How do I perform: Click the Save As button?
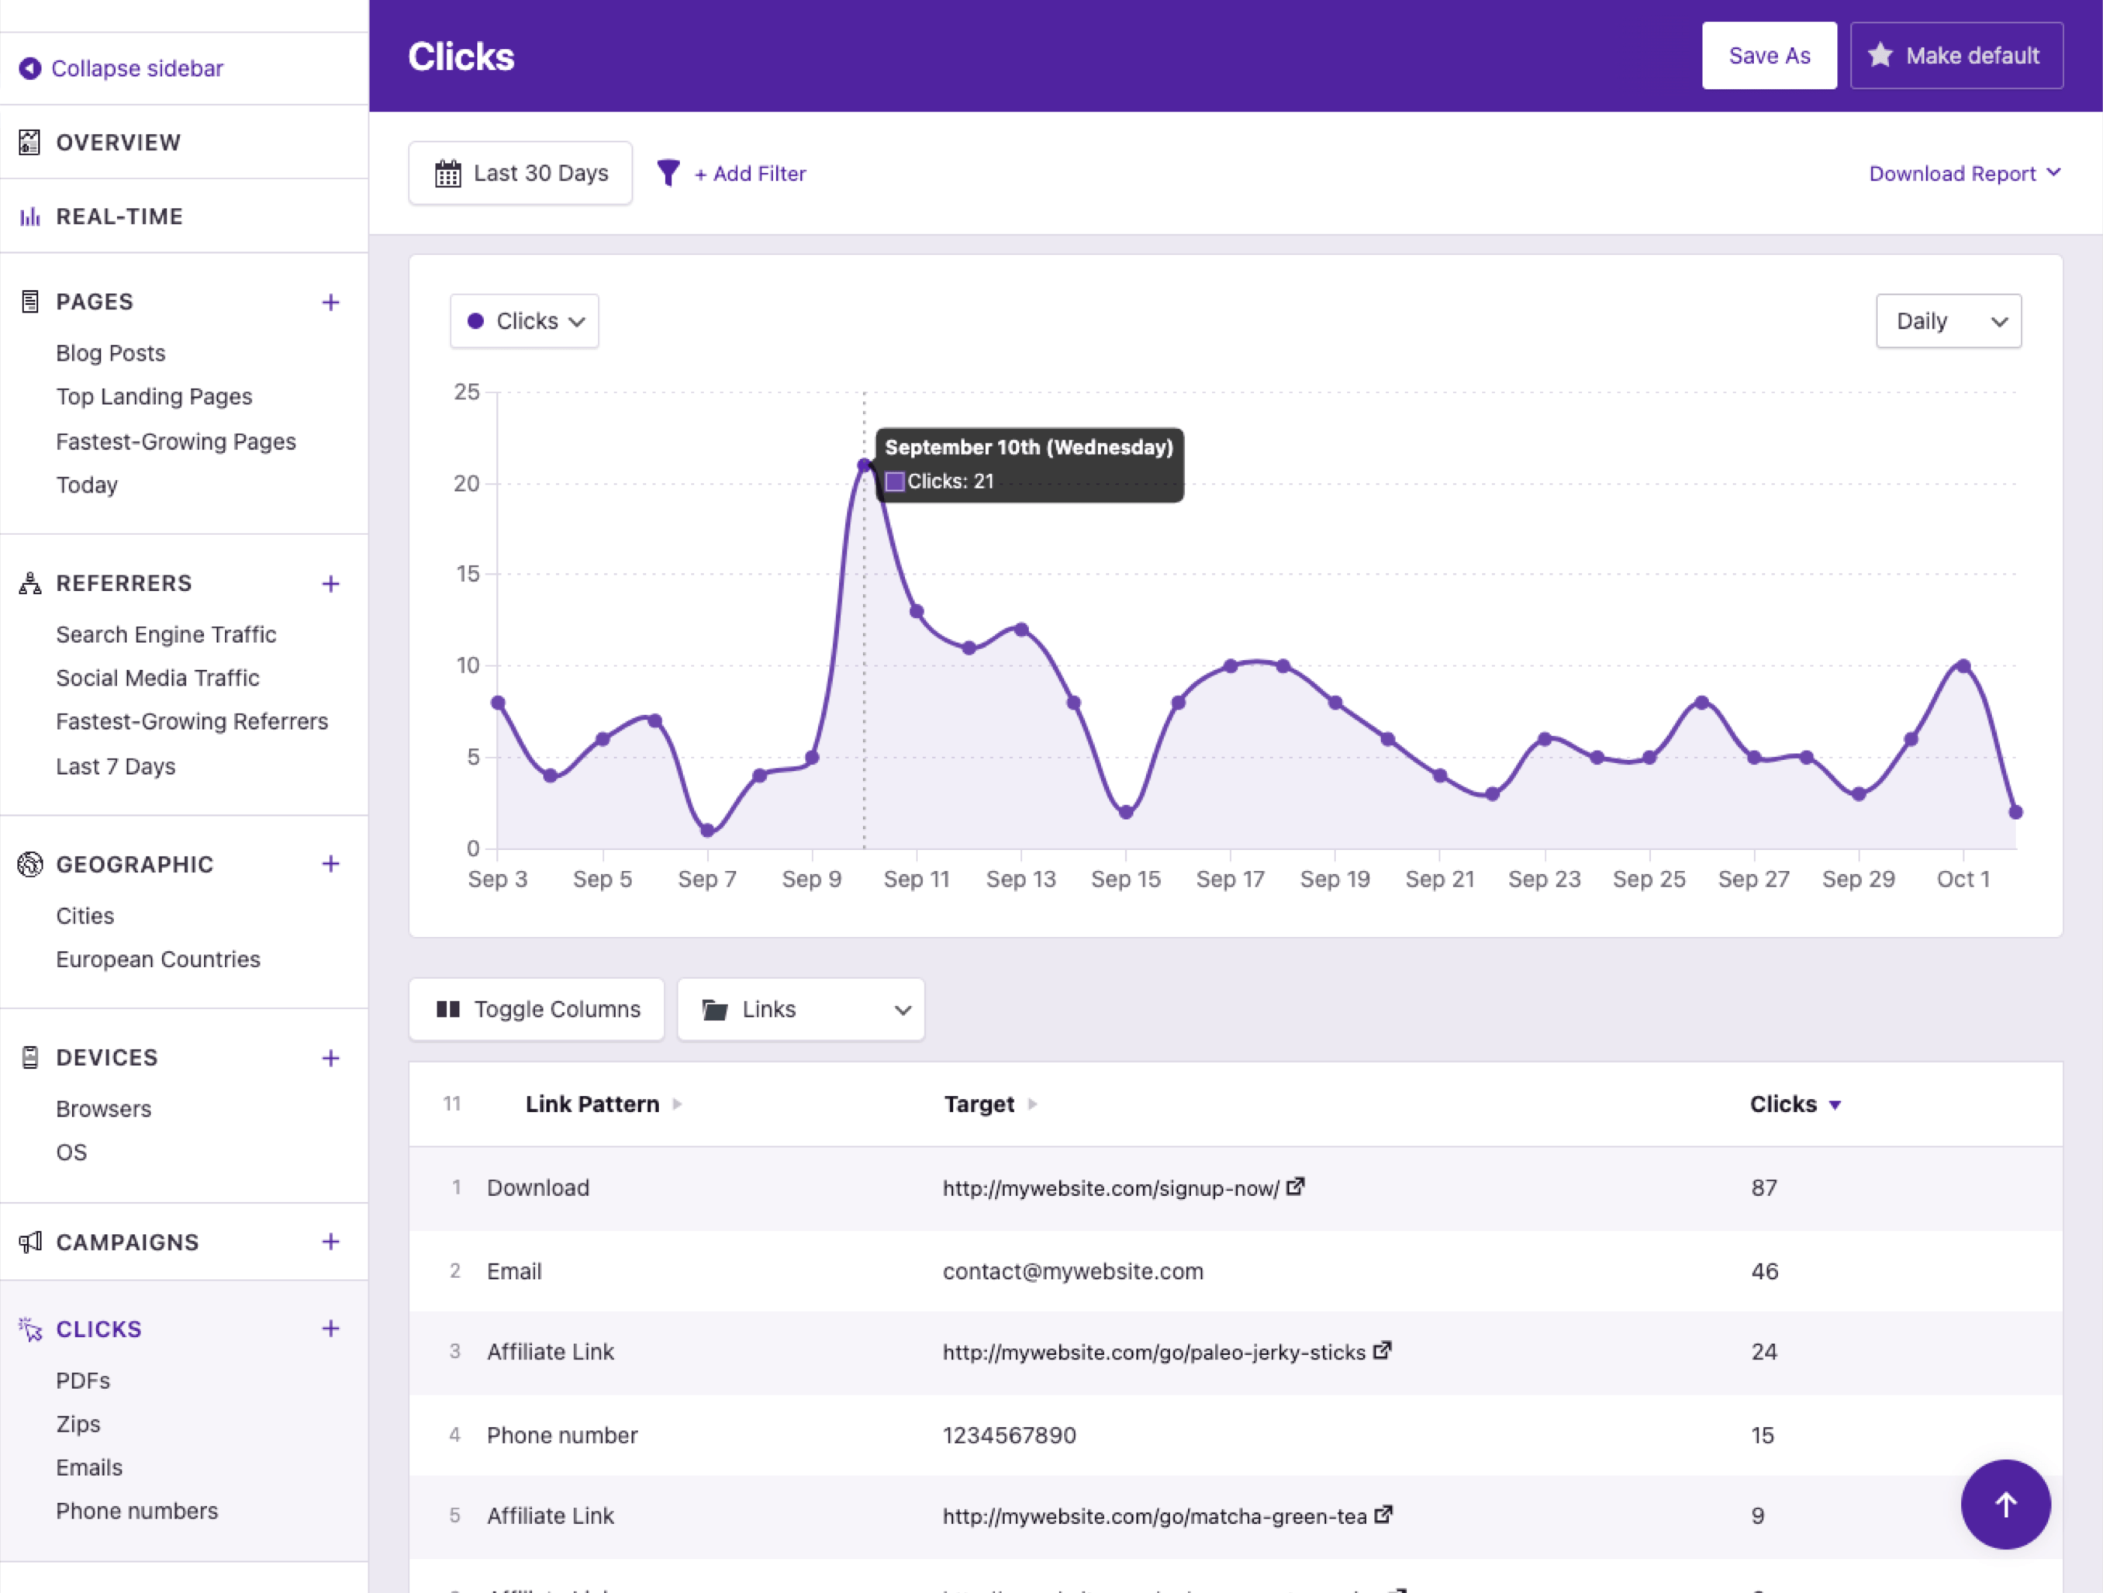click(1768, 56)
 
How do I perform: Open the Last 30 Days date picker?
click(521, 173)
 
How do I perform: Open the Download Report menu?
click(1963, 174)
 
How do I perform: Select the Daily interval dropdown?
click(1948, 321)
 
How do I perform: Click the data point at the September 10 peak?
click(864, 466)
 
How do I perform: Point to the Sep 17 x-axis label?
click(1229, 879)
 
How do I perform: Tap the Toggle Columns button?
click(537, 1010)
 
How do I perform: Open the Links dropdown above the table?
click(800, 1010)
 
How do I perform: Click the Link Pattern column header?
click(592, 1104)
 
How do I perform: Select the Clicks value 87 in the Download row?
click(1763, 1188)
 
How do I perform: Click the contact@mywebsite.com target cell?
click(1072, 1272)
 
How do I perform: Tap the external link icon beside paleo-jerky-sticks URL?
click(1383, 1350)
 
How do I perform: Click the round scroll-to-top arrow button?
click(2005, 1505)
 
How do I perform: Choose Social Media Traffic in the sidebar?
click(158, 678)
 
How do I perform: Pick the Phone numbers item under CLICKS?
click(137, 1512)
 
